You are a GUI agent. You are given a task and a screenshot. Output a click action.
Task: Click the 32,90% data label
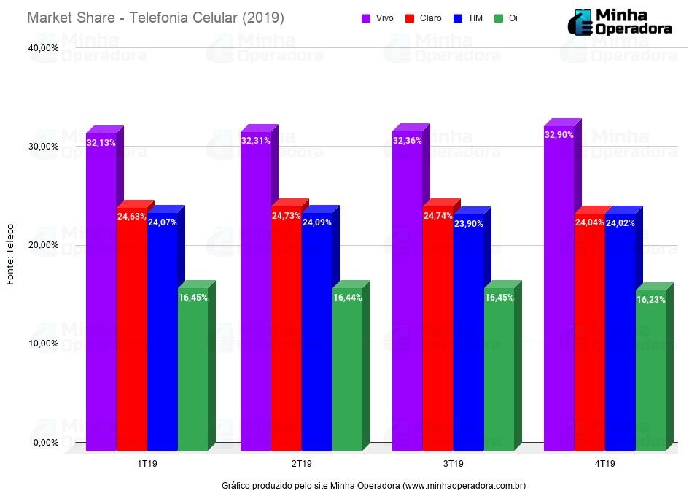click(559, 135)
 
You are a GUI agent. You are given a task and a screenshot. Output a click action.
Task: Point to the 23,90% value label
click(468, 224)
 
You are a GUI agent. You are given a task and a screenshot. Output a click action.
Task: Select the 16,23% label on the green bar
click(650, 300)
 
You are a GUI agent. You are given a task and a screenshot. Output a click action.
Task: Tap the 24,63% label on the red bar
click(131, 217)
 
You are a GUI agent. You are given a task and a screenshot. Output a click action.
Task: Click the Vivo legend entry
click(378, 18)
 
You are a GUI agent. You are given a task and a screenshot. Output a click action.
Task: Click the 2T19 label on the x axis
click(301, 464)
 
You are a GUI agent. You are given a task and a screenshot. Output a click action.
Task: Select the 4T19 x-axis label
click(604, 464)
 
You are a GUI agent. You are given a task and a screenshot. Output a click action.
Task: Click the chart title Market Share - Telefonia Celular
click(155, 18)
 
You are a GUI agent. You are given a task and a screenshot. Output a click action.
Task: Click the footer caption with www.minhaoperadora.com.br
click(373, 486)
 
